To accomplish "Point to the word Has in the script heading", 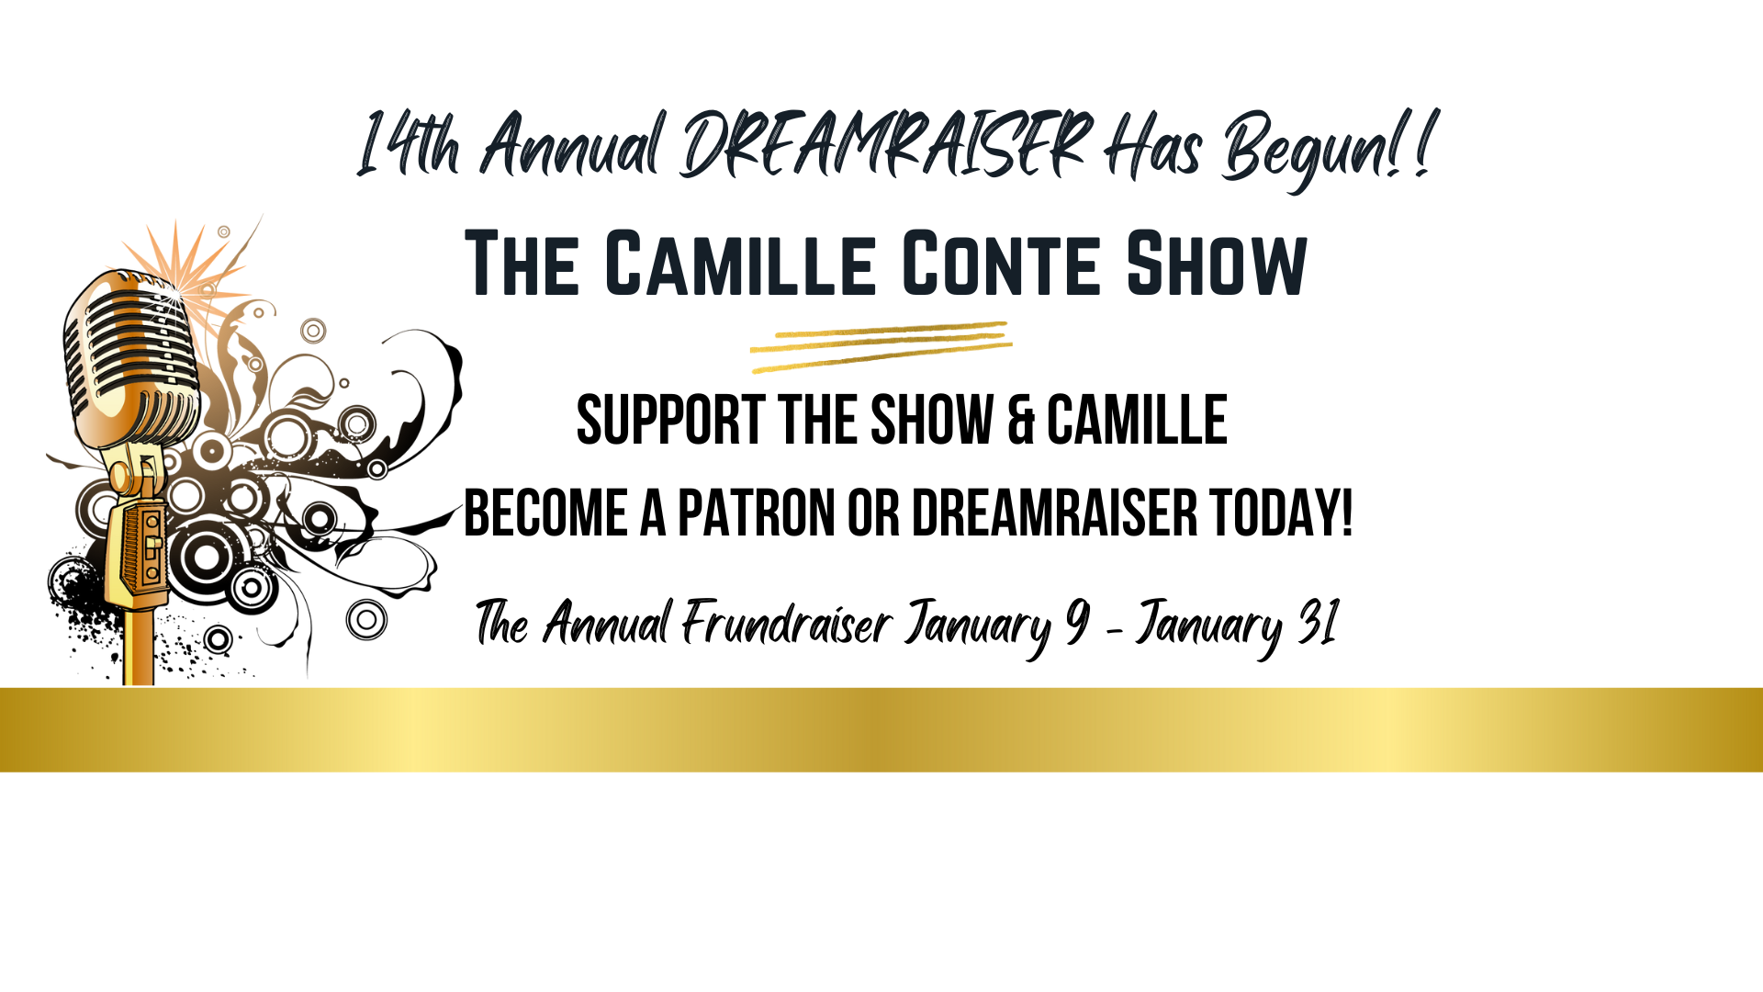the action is (x=1153, y=145).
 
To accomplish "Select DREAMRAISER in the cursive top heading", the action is (x=886, y=143).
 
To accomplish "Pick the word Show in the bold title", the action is (x=1217, y=265).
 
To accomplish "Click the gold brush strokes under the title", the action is (x=881, y=347).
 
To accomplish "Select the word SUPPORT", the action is (x=670, y=421).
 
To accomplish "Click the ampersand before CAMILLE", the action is (x=1020, y=421).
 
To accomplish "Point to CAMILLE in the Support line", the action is (x=1137, y=421).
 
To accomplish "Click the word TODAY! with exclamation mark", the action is (x=1281, y=513).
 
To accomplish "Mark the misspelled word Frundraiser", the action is (x=786, y=624).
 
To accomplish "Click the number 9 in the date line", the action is (x=1077, y=622).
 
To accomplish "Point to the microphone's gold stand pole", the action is (x=139, y=648).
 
